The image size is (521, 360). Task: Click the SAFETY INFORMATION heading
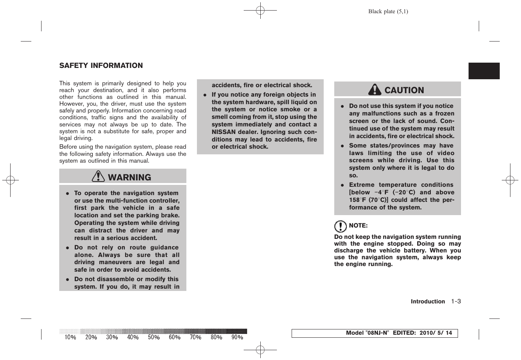[101, 66]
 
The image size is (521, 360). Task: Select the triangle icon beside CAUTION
[375, 89]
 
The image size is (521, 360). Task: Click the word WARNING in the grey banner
[129, 177]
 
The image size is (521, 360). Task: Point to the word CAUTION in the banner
[404, 90]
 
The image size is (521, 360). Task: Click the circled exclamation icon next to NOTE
[340, 226]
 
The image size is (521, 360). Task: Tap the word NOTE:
[358, 226]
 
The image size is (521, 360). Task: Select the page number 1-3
[456, 301]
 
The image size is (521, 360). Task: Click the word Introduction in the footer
[428, 302]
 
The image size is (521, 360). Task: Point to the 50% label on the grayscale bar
[154, 337]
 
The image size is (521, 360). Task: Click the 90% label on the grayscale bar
[237, 337]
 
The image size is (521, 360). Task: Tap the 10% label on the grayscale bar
[70, 337]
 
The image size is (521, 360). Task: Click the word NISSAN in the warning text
[223, 132]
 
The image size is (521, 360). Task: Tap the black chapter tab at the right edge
[484, 71]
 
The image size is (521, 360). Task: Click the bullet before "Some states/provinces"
[342, 146]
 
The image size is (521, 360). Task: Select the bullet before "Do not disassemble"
[68, 280]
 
